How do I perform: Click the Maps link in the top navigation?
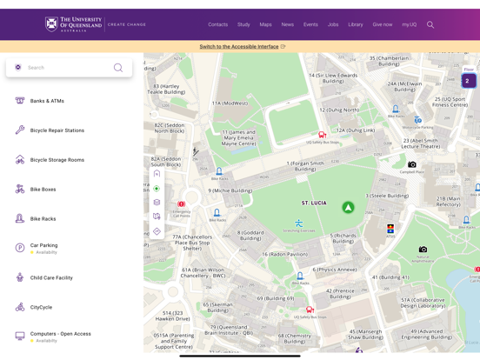click(265, 24)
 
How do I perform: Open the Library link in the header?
click(356, 24)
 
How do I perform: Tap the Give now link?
click(383, 24)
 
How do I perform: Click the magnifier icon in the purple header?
click(430, 24)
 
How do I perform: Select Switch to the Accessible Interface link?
click(239, 47)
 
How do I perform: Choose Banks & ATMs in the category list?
click(47, 101)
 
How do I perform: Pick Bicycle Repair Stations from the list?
click(57, 130)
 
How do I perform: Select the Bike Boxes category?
click(43, 190)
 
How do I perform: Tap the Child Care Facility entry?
click(51, 278)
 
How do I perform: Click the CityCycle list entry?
click(41, 307)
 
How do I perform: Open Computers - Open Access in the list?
click(60, 334)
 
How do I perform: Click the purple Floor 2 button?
click(468, 81)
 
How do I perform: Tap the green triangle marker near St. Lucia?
click(348, 208)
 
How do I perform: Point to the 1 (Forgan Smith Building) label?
click(305, 166)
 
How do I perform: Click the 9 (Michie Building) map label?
click(230, 190)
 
